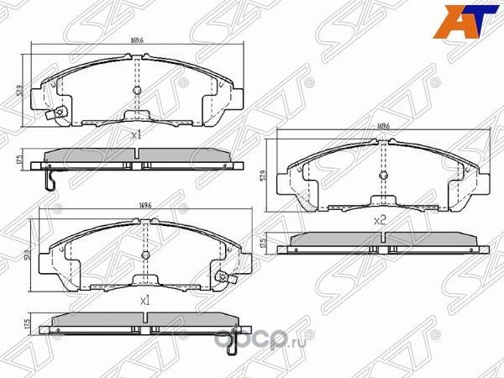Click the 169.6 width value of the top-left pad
point(136,37)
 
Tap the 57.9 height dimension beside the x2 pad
point(265,177)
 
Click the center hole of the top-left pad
point(137,90)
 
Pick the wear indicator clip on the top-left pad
point(58,114)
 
